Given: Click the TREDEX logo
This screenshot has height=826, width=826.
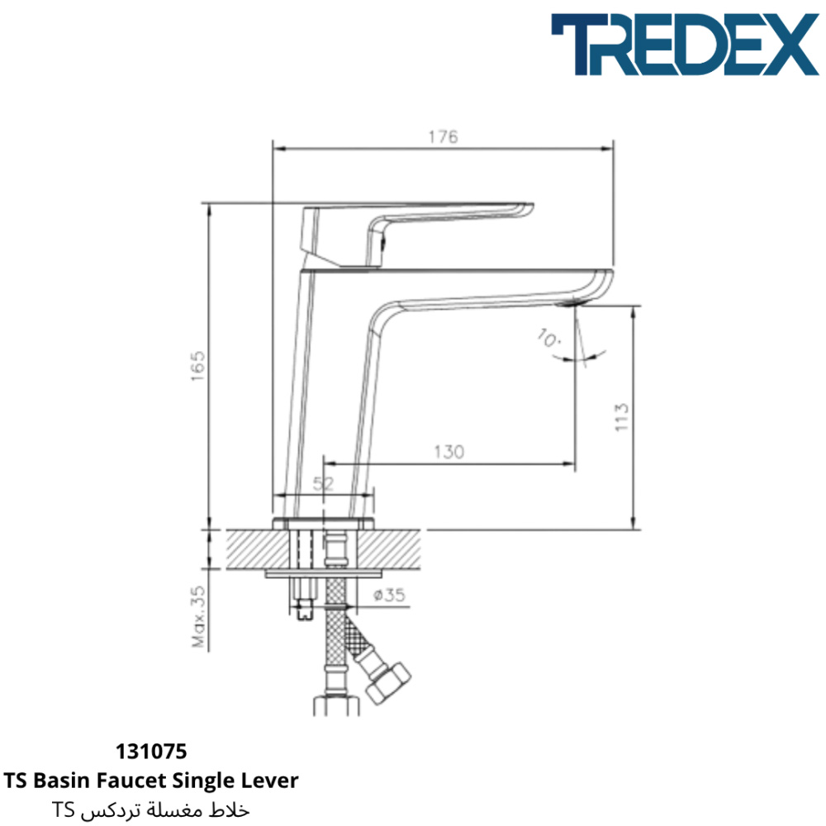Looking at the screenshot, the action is (x=685, y=45).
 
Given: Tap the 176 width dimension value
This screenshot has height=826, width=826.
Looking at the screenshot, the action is (x=443, y=137).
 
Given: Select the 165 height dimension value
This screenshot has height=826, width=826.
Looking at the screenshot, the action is (x=197, y=366).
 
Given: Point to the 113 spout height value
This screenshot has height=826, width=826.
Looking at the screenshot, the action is (x=622, y=417).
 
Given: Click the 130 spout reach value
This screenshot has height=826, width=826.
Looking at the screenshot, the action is (x=449, y=452).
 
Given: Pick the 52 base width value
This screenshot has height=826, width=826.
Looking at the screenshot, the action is (x=324, y=483).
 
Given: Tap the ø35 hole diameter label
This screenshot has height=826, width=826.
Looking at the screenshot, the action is (x=389, y=596).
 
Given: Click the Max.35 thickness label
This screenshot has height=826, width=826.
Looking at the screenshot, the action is (x=198, y=616).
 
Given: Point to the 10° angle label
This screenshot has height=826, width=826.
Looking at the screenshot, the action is (x=549, y=338).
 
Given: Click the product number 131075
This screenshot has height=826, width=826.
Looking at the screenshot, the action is (x=151, y=752).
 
